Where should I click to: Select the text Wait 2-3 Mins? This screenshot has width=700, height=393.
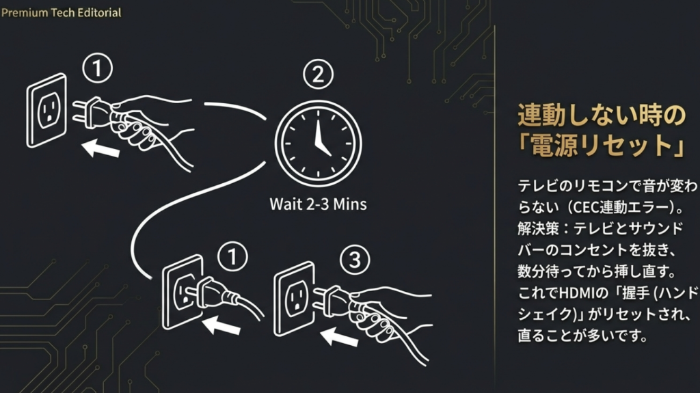point(318,204)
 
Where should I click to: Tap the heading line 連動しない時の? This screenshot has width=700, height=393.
point(601,116)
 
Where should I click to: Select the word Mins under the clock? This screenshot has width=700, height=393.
point(350,204)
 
